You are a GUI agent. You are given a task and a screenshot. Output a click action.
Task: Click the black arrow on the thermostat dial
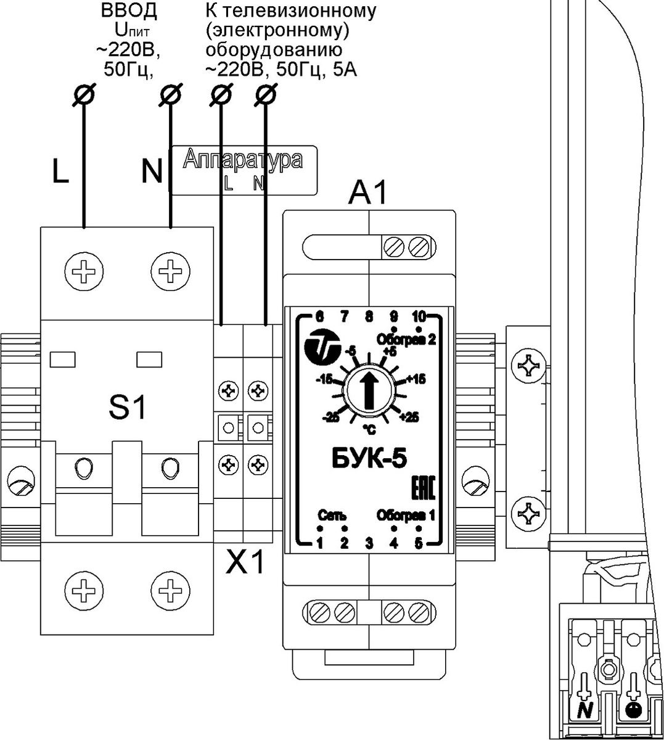point(369,390)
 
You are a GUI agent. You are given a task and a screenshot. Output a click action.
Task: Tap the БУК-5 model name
point(369,459)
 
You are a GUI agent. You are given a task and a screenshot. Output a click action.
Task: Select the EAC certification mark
point(424,488)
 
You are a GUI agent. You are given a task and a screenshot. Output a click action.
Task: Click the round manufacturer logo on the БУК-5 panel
point(322,343)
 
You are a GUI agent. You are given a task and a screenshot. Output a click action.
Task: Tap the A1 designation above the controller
point(367,193)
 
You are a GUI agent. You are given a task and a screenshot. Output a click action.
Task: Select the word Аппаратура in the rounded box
point(243,159)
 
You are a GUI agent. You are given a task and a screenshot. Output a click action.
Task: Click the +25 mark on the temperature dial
point(410,417)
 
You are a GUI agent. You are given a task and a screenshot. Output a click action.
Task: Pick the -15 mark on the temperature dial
point(325,380)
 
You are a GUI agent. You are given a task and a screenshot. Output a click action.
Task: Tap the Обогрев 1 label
point(406,516)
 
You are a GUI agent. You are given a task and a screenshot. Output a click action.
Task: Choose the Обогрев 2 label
point(406,340)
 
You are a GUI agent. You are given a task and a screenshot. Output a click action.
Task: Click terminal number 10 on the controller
point(419,317)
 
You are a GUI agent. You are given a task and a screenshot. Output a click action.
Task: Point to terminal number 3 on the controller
point(369,543)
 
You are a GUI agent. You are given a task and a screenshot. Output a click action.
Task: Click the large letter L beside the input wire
point(60,171)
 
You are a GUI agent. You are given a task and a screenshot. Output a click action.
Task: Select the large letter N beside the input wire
point(152,171)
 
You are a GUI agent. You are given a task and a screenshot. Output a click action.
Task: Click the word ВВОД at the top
point(129,11)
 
